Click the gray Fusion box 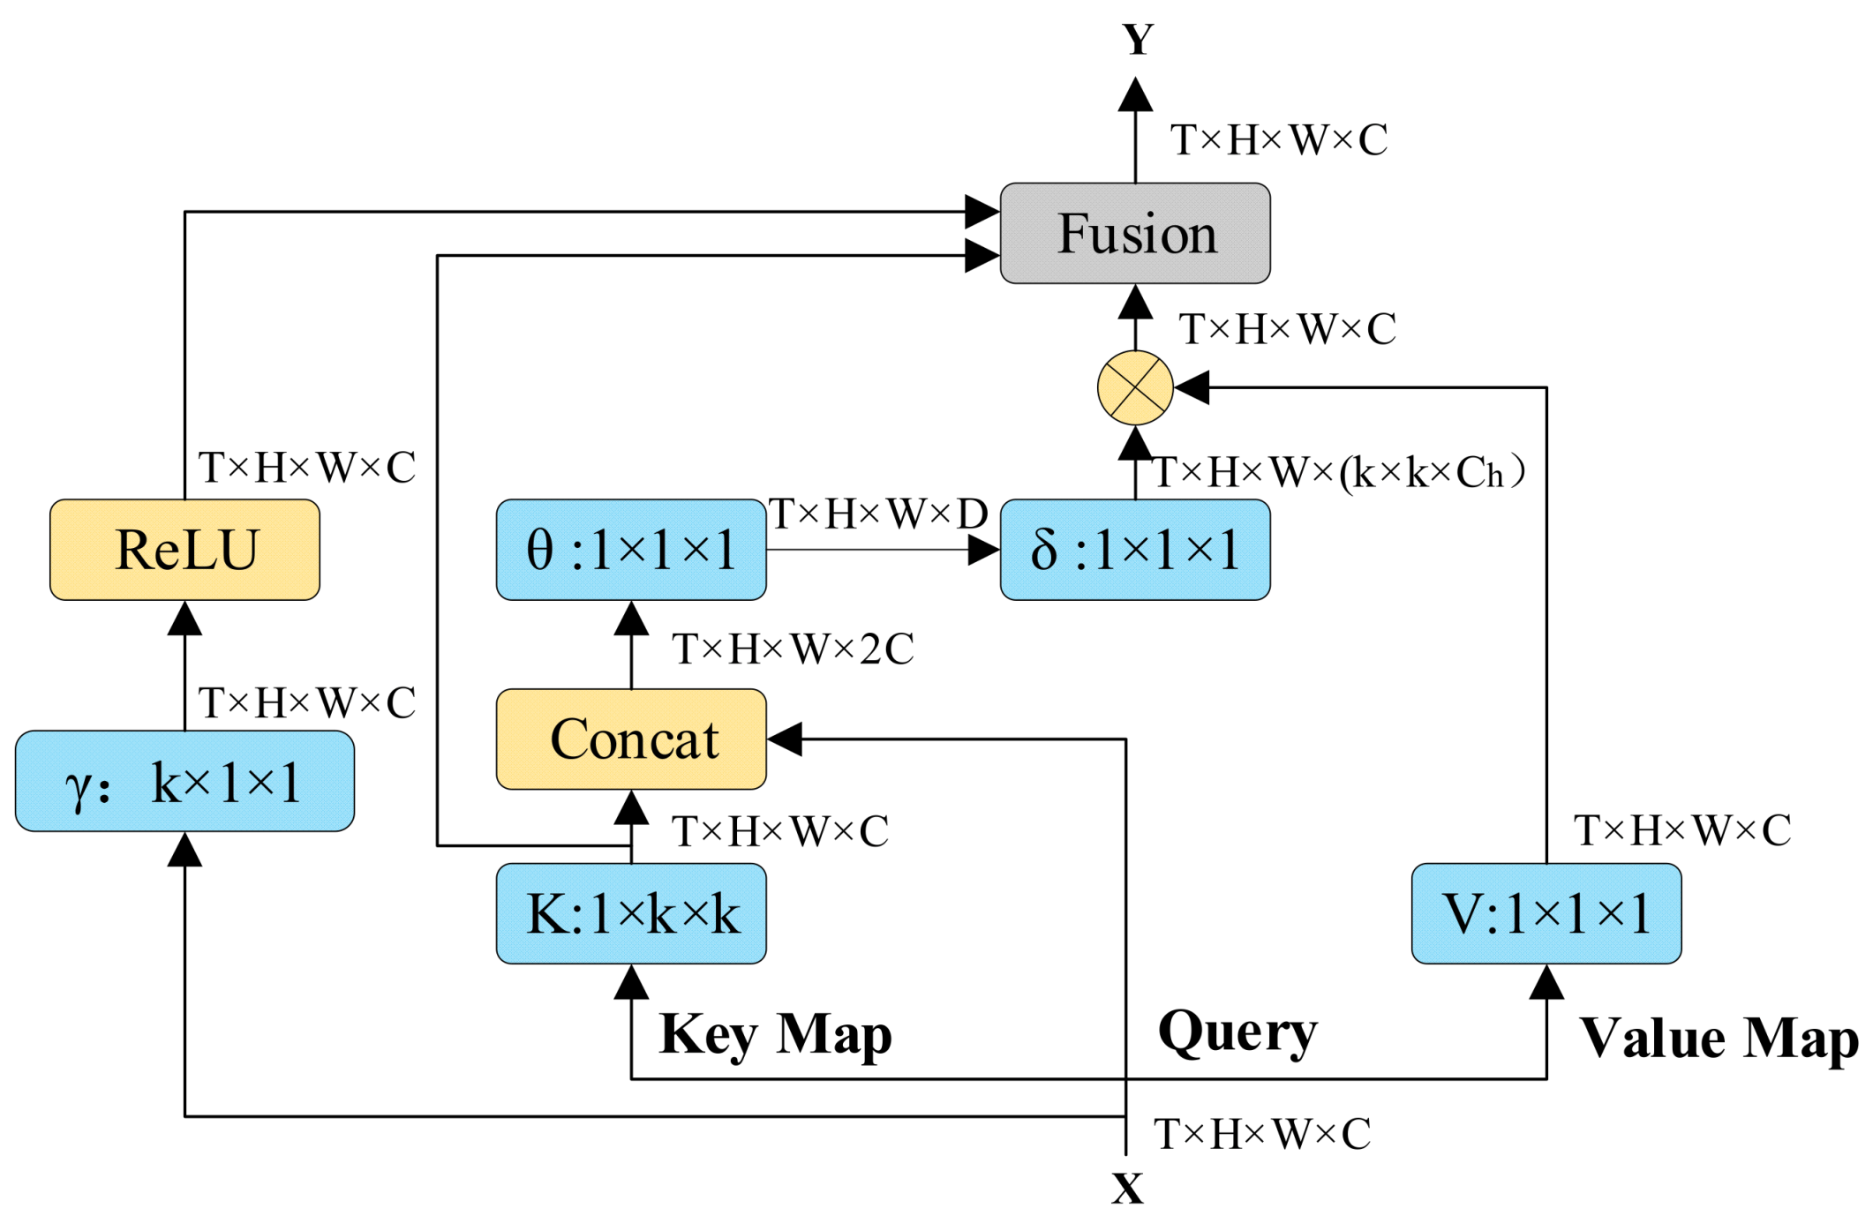(1135, 233)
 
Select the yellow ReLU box (184, 550)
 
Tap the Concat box (631, 739)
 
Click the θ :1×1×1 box (631, 550)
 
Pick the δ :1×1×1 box (1135, 550)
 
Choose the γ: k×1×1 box (184, 781)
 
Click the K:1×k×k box (631, 913)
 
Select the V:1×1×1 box (1546, 913)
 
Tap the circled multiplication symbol (1135, 387)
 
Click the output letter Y (1138, 40)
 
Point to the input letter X (1127, 1189)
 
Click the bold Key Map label (775, 1034)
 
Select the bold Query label (1237, 1032)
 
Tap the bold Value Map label (1719, 1038)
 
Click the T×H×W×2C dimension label (793, 649)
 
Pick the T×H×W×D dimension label (877, 514)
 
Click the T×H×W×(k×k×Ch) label (1338, 473)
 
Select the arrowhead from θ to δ (983, 550)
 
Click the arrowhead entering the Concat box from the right (785, 739)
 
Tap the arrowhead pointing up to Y (1135, 95)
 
